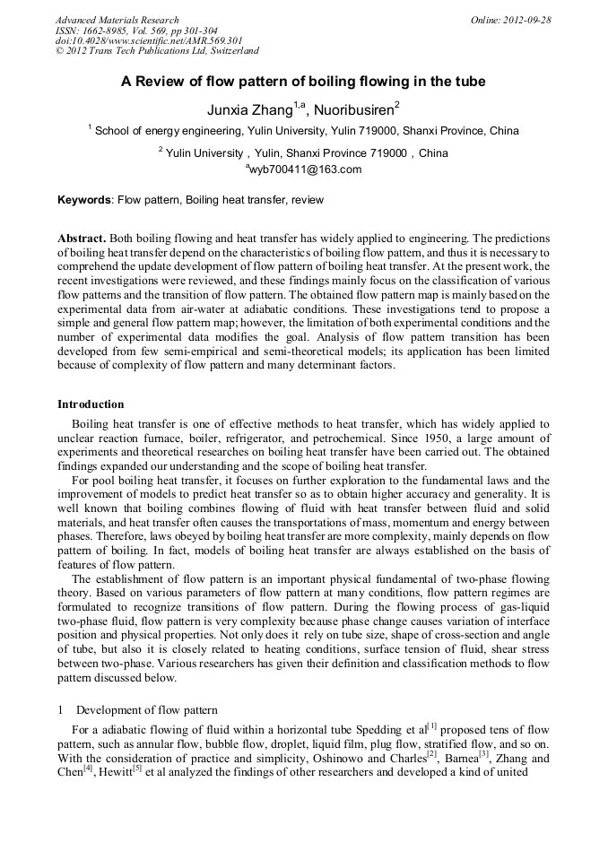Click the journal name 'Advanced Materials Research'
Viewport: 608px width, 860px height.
point(117,20)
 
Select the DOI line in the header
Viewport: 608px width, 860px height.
point(149,41)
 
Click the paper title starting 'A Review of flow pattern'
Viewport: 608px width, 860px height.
point(303,82)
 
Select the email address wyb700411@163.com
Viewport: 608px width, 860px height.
point(305,169)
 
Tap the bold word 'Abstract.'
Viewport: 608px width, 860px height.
point(83,239)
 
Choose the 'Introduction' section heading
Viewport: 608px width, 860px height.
point(91,404)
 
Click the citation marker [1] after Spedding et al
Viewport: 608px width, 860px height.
point(433,724)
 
